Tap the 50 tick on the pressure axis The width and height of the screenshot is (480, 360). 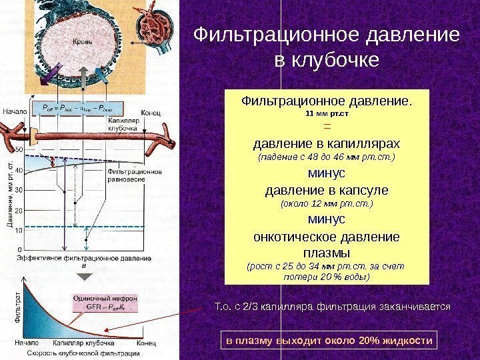(19, 149)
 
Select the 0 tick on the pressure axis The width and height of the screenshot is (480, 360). (19, 250)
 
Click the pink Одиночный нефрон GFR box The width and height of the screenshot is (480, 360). (102, 303)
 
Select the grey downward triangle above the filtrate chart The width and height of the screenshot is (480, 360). (84, 272)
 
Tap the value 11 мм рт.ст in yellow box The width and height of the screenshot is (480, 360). (327, 113)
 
